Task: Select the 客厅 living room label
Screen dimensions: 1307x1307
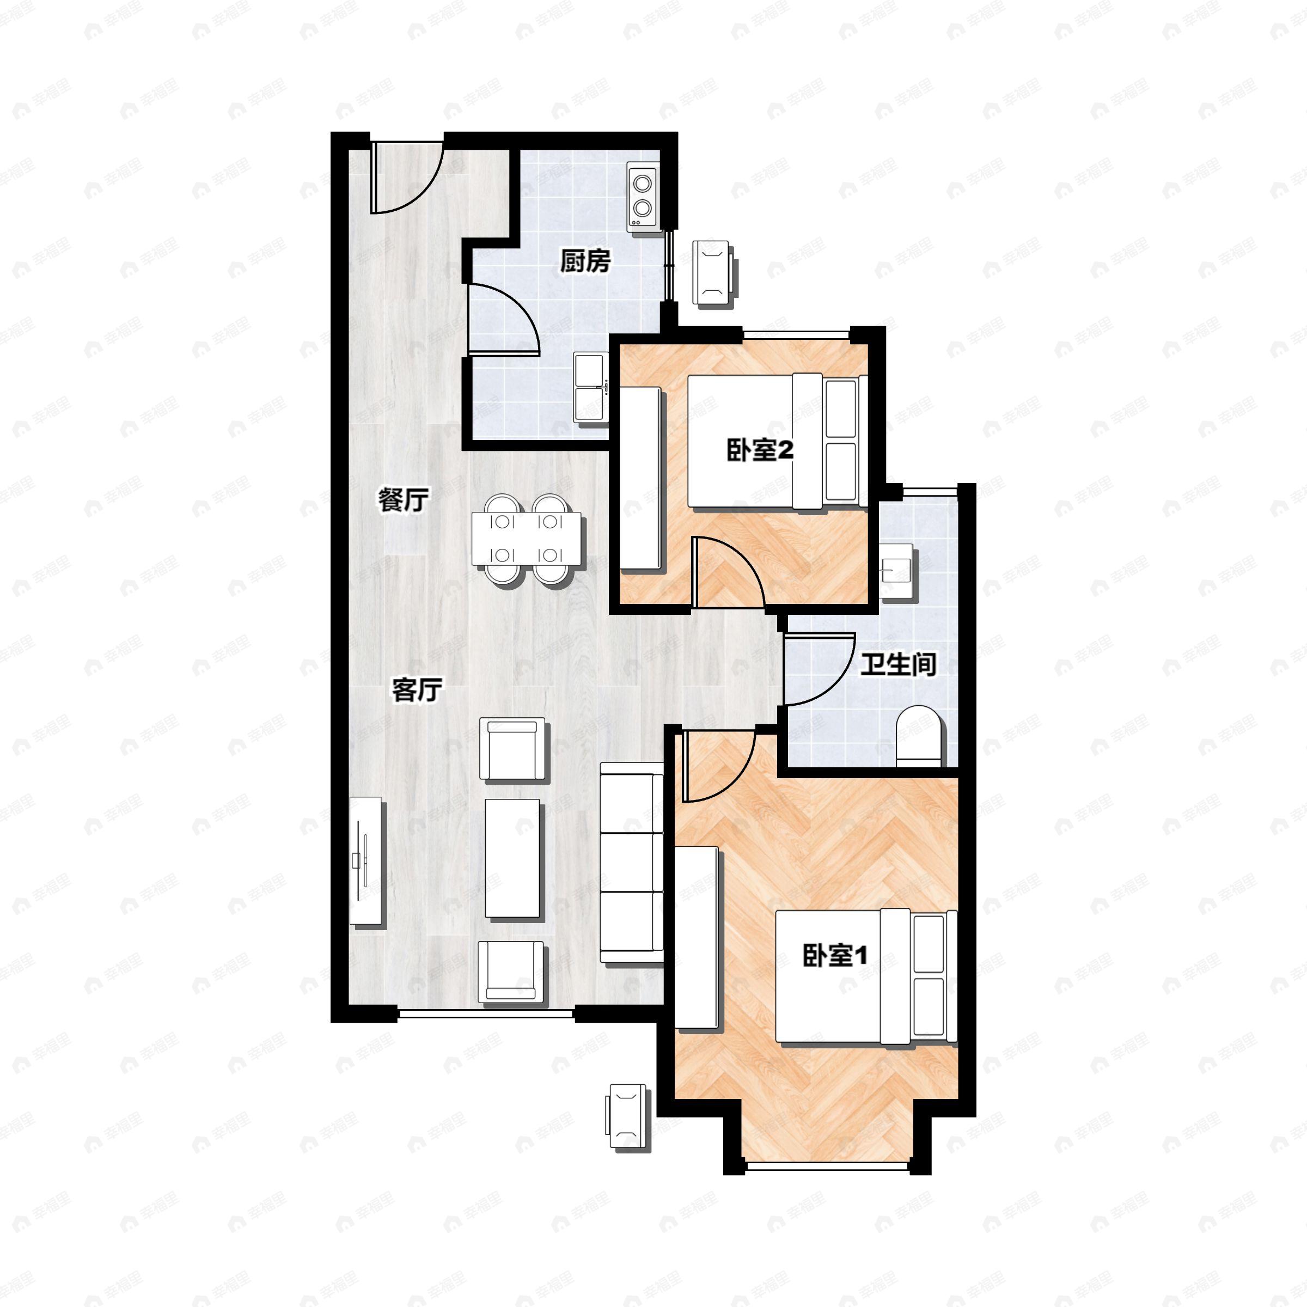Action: tap(417, 690)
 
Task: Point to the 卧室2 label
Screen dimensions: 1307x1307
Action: tap(759, 451)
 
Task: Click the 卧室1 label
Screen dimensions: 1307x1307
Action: tap(835, 955)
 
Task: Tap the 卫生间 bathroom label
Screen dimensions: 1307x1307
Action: tap(899, 665)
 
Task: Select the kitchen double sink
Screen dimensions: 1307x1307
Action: tap(590, 388)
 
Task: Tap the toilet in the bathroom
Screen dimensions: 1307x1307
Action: tap(918, 737)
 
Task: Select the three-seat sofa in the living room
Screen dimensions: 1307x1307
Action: tap(632, 862)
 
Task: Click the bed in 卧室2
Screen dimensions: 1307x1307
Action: tap(777, 441)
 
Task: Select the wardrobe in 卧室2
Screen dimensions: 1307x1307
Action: tap(640, 478)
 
